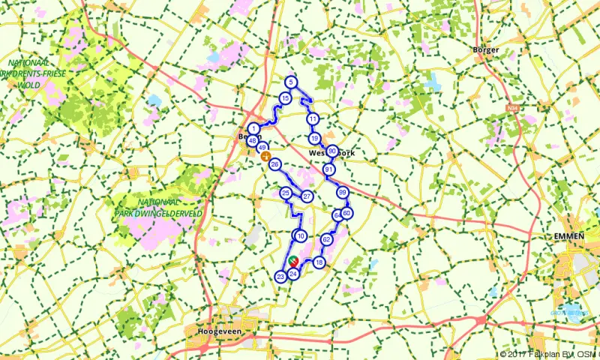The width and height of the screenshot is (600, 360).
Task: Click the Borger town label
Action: click(486, 50)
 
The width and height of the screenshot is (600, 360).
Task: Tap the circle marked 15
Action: click(285, 98)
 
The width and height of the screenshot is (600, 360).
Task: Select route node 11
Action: click(313, 119)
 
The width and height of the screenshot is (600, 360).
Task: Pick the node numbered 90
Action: click(331, 151)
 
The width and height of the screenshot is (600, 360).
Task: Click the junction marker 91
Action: click(328, 170)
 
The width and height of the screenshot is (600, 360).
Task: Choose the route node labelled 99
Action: click(342, 193)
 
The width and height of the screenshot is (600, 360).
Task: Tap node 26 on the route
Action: click(274, 164)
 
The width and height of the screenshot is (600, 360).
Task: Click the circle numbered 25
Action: click(286, 193)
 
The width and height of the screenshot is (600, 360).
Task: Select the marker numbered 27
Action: click(307, 196)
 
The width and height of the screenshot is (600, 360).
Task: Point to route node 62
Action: click(326, 239)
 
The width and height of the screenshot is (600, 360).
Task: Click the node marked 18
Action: click(319, 262)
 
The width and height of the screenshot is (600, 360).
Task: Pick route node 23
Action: click(280, 277)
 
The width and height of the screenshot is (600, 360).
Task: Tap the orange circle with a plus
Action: click(265, 156)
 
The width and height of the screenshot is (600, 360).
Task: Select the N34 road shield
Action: click(513, 109)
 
